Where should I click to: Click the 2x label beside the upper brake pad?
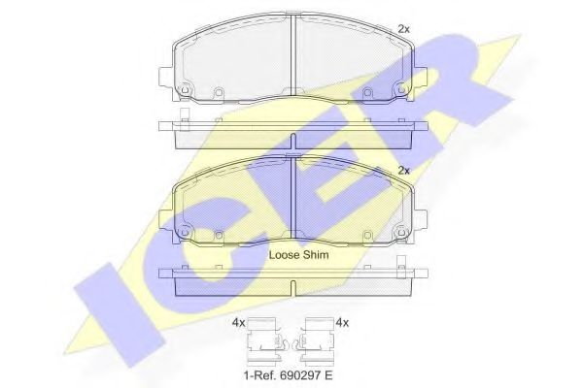coord(403,28)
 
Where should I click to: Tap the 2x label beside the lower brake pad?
coord(403,170)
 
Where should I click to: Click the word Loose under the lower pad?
coord(284,254)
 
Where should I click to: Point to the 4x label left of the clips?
coord(238,322)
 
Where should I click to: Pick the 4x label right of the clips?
coord(340,322)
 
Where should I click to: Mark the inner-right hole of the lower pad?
coord(366,236)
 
